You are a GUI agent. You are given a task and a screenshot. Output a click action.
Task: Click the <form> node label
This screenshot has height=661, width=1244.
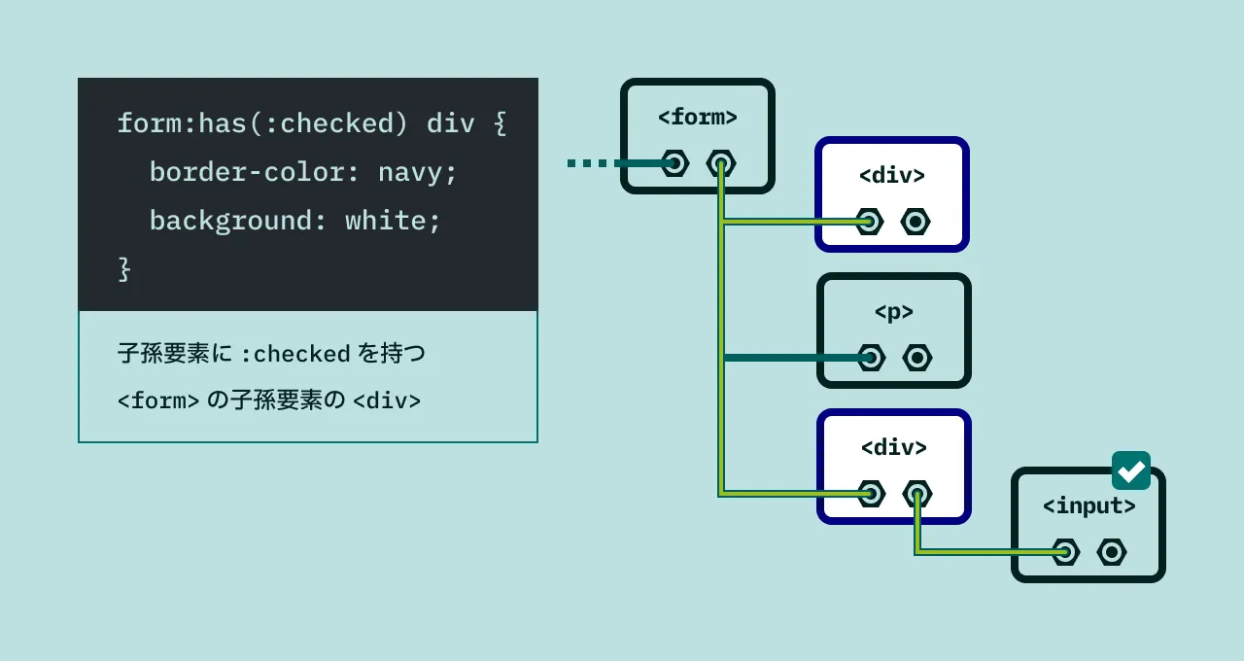(697, 118)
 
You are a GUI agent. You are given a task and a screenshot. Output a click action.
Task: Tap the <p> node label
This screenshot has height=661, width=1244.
(893, 312)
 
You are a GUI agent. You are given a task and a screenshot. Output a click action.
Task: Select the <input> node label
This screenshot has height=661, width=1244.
(1088, 506)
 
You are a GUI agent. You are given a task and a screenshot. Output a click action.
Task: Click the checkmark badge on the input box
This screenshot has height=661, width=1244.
(1131, 470)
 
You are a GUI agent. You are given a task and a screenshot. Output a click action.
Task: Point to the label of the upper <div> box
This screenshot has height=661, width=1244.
(891, 176)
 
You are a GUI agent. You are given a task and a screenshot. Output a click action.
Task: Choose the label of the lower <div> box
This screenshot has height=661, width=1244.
(893, 448)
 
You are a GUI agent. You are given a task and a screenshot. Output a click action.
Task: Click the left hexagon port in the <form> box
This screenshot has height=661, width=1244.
(674, 163)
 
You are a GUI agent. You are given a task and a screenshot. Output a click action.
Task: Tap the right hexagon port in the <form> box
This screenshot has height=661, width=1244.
(721, 163)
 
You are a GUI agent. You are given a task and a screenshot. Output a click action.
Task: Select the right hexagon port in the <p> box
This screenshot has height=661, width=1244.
(917, 358)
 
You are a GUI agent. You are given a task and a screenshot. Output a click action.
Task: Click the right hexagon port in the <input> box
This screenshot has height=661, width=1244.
(1112, 552)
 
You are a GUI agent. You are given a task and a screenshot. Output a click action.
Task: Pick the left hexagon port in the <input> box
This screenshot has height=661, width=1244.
(1065, 552)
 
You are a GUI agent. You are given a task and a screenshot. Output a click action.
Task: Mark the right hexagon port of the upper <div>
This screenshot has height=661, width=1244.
(916, 222)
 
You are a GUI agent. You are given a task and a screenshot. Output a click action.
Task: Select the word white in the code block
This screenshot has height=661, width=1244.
(385, 221)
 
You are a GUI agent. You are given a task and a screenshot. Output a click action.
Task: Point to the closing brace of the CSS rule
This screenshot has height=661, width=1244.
(123, 268)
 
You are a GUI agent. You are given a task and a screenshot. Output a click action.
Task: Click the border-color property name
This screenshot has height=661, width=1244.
(247, 173)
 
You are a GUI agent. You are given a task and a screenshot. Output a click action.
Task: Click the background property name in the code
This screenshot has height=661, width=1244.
(230, 221)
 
